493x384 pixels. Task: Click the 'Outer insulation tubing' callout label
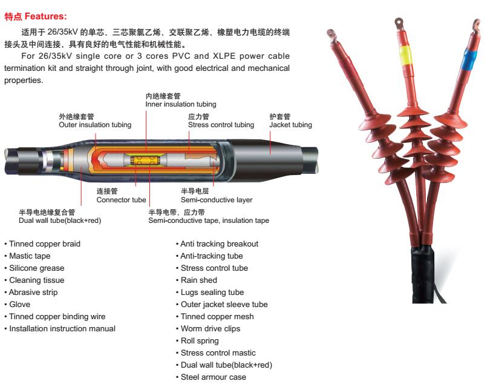pos(95,125)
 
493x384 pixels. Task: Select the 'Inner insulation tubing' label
pos(180,104)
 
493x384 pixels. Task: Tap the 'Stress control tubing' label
pos(221,125)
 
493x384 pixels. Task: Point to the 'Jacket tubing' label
pos(290,125)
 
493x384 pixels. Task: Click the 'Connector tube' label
pos(121,199)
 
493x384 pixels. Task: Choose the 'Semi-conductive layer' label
pos(217,199)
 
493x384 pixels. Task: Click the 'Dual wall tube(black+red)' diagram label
pos(59,220)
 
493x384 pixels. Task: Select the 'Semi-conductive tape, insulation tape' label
pos(209,220)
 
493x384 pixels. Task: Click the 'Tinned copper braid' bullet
pos(44,243)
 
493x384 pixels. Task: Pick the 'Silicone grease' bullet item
pos(36,268)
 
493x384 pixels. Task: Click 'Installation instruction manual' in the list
pos(62,328)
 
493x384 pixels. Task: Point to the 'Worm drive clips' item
pos(210,328)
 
